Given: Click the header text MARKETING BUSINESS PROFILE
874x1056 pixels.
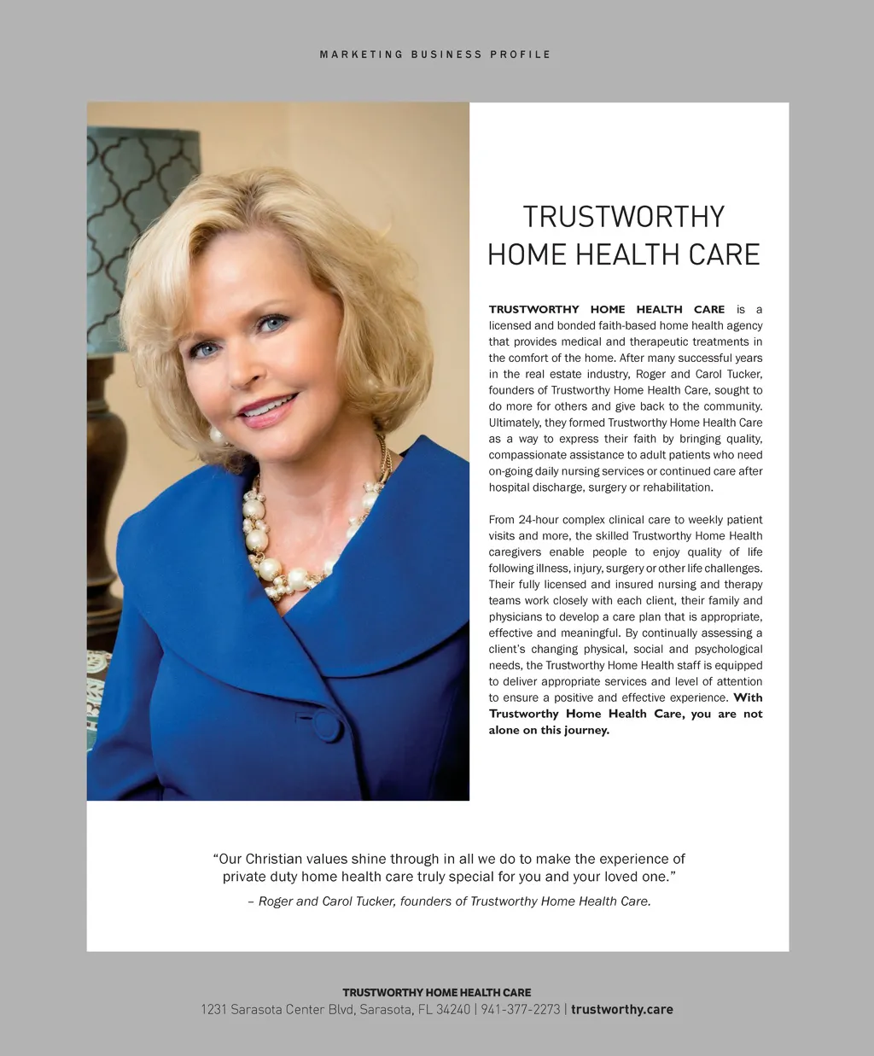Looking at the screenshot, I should (435, 55).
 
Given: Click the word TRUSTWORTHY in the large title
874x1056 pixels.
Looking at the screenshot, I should (623, 217).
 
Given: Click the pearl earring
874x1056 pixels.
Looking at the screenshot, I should (216, 436).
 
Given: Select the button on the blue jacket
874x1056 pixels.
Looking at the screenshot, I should (328, 726).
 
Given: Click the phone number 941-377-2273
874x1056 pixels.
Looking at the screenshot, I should (521, 1010).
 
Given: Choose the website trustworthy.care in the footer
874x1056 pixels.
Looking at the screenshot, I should (622, 1010).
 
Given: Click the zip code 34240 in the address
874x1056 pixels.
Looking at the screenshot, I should (453, 1010).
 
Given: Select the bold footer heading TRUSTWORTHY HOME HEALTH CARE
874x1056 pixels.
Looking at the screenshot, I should (436, 993).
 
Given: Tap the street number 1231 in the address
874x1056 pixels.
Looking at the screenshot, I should (213, 1010).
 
